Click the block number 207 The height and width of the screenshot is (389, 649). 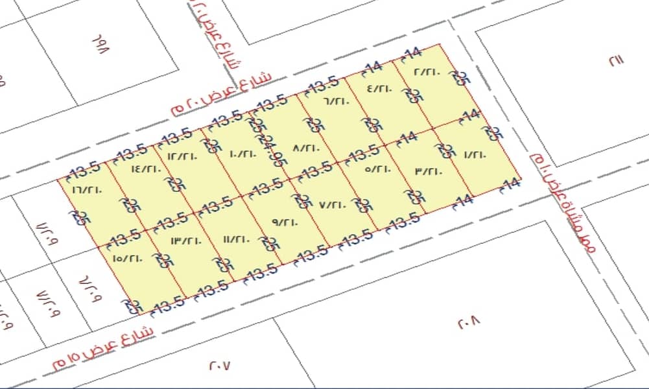pos(220,365)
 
